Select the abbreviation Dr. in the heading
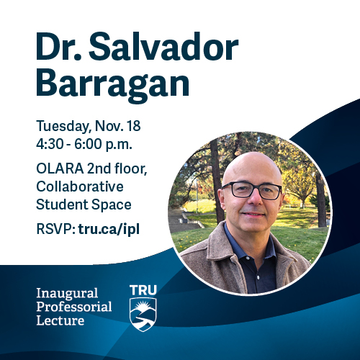(62, 48)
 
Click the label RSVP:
(55, 230)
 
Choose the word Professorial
(75, 307)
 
